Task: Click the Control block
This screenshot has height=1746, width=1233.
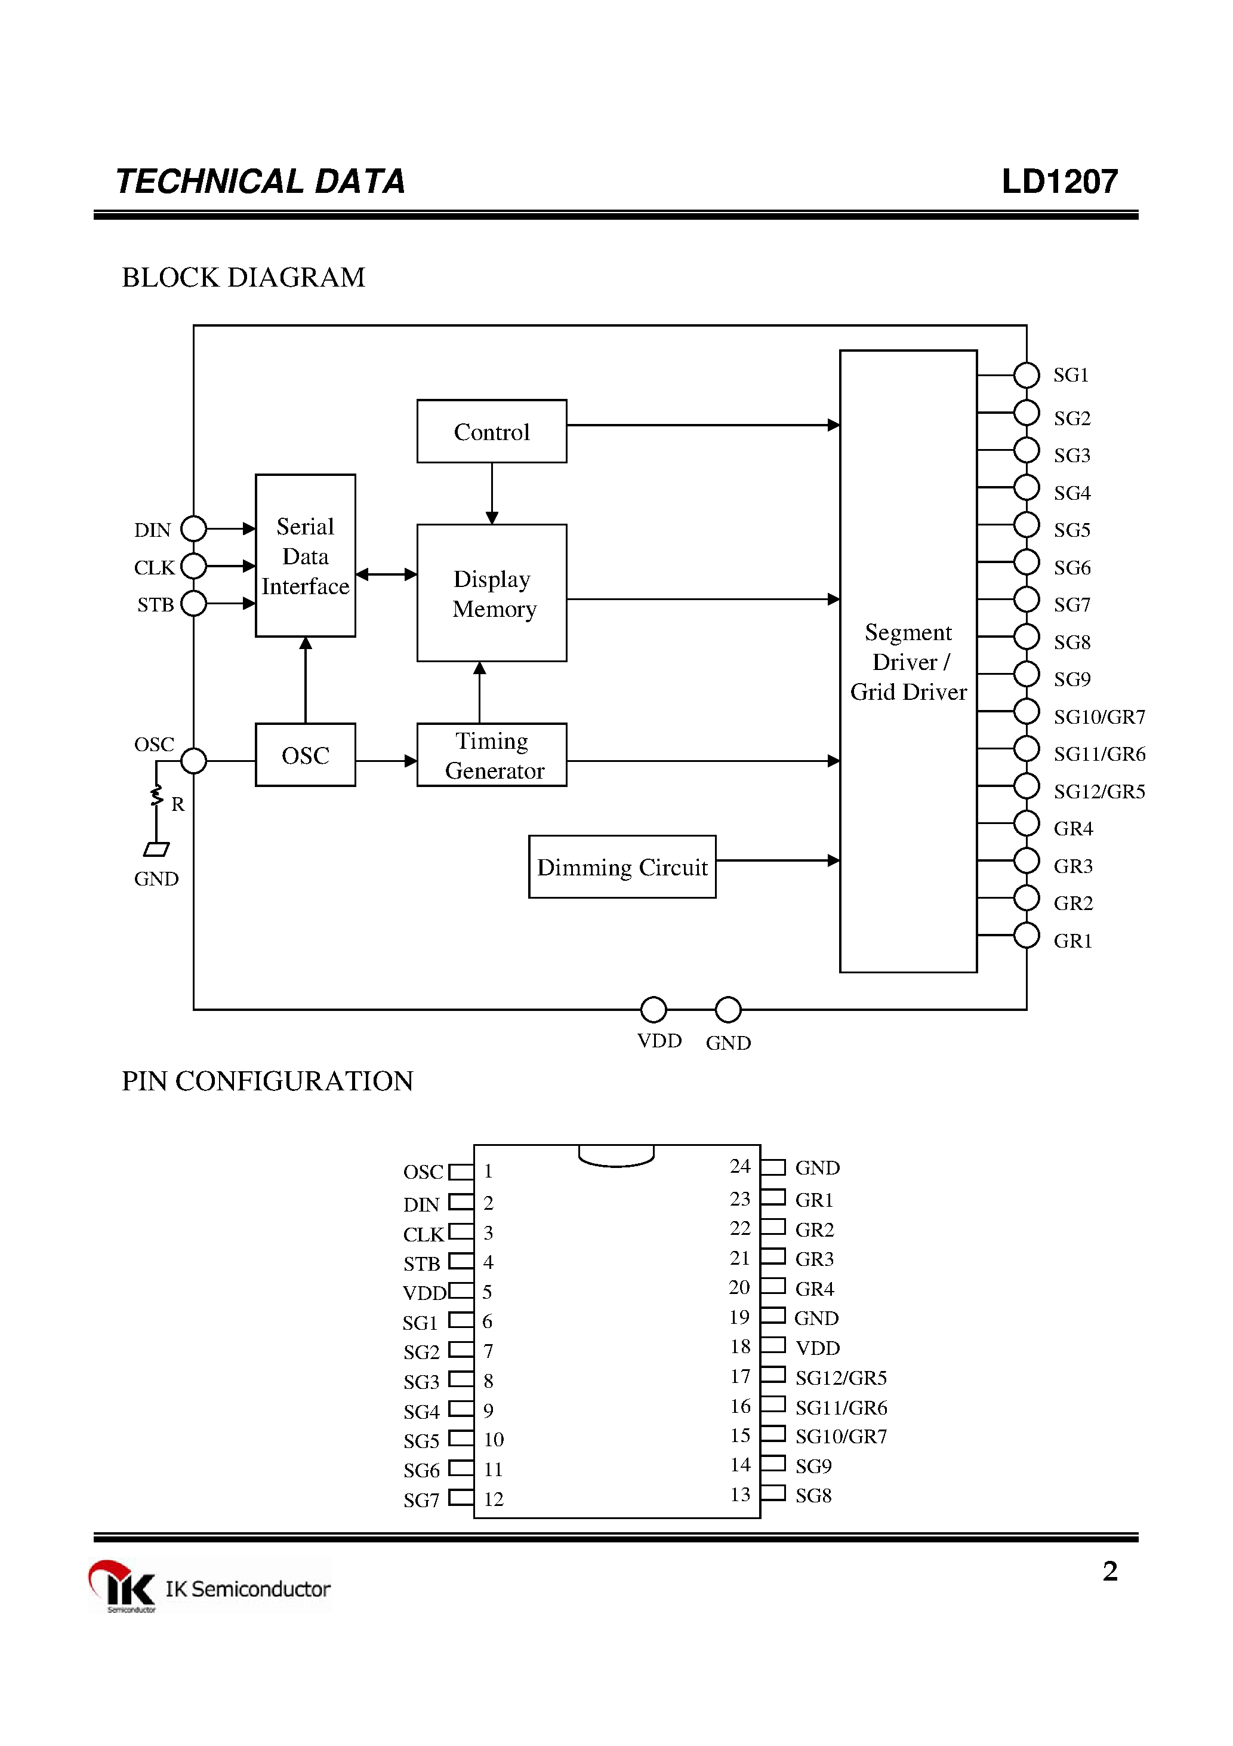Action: tap(491, 431)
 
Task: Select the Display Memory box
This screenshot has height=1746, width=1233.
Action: tap(491, 593)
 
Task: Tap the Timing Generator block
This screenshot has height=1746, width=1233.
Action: tap(491, 755)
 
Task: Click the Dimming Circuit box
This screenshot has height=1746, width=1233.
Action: tap(622, 867)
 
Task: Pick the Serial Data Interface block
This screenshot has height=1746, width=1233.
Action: tap(305, 556)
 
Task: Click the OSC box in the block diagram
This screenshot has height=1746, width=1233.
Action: tap(305, 755)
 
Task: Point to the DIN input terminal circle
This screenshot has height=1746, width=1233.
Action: tap(194, 528)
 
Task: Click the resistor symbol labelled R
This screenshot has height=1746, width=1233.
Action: tap(156, 796)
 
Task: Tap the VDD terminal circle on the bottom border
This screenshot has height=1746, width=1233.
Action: tap(654, 1010)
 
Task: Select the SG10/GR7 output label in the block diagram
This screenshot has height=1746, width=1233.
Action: tap(1099, 717)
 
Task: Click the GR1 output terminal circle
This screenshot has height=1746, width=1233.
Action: tap(1027, 935)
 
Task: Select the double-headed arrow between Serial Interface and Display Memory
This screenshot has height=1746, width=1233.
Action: tap(386, 574)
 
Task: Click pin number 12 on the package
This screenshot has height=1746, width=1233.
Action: tap(494, 1499)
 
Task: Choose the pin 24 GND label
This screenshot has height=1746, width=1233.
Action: tap(817, 1168)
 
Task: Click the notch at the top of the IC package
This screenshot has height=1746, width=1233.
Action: tap(616, 1156)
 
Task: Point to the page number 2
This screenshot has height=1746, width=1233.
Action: tap(1110, 1572)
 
